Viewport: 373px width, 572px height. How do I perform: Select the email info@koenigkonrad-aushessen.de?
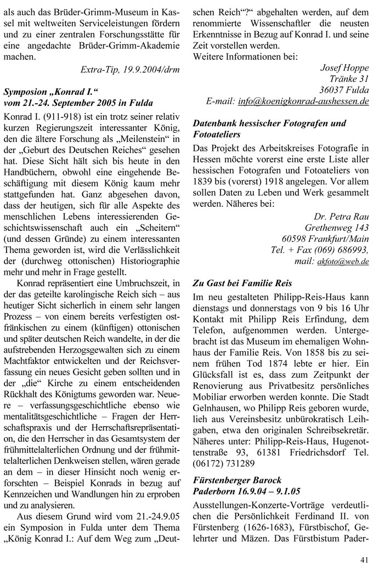303,102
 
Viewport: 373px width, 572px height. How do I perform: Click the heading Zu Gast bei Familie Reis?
242,284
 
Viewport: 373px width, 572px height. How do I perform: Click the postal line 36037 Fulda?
344,90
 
